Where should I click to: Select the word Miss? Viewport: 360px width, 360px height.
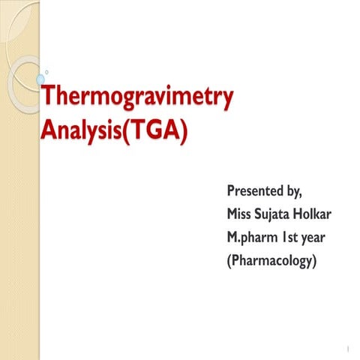[x=241, y=214]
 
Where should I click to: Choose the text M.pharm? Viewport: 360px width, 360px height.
[x=251, y=238]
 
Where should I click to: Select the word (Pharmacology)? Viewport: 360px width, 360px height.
[x=271, y=262]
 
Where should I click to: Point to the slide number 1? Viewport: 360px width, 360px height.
[x=348, y=348]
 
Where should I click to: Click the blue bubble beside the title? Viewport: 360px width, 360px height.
[x=39, y=77]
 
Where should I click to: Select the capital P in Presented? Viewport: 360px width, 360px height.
[x=232, y=189]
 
